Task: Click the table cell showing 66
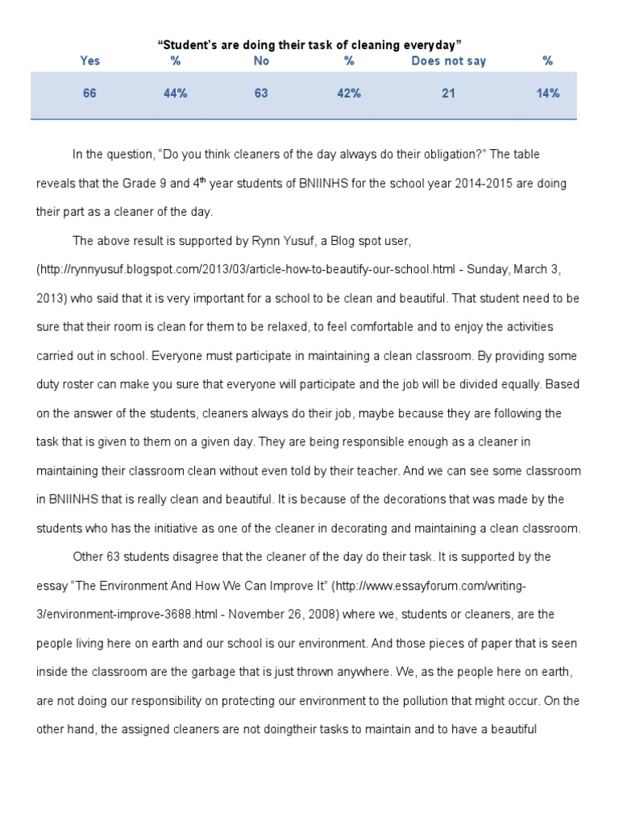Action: click(x=89, y=93)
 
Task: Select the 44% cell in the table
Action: click(x=175, y=93)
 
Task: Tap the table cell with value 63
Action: click(x=261, y=93)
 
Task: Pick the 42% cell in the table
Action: click(x=349, y=93)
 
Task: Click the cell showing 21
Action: click(x=449, y=93)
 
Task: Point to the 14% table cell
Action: click(x=548, y=93)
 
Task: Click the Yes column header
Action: click(x=89, y=61)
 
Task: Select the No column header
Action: click(x=261, y=61)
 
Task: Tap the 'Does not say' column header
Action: click(x=449, y=61)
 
